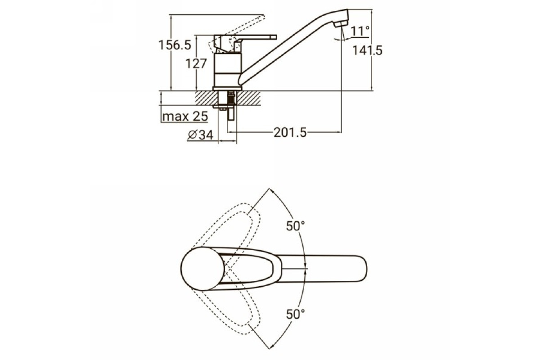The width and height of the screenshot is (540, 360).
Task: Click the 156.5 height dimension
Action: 175,45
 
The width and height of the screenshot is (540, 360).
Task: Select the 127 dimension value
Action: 196,64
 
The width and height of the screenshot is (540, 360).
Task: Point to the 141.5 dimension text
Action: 367,51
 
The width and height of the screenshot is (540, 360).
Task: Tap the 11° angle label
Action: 360,31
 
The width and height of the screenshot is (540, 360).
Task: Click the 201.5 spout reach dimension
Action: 290,133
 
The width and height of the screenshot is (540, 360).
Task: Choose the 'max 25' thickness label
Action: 185,117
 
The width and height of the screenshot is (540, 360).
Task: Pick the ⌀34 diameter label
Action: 201,135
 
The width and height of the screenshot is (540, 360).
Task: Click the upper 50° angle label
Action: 296,226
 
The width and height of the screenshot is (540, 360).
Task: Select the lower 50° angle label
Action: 296,314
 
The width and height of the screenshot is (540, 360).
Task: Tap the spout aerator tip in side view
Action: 341,24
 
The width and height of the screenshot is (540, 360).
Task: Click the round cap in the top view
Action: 202,268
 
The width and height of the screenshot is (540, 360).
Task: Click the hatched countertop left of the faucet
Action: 205,98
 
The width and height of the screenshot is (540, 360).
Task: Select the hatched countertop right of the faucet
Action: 248,98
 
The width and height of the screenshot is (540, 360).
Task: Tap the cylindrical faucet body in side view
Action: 228,70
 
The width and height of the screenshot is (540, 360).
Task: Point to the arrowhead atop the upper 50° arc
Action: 272,191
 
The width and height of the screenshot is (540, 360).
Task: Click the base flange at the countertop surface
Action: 227,89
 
